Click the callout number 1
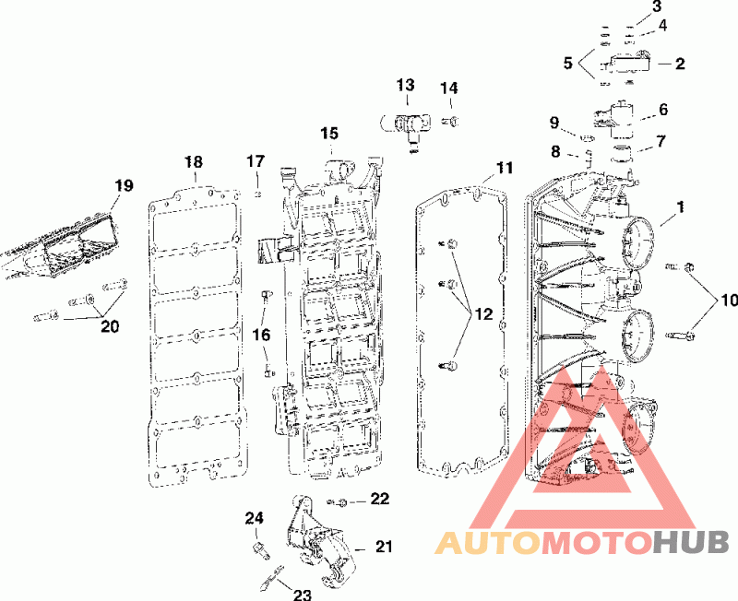(680, 208)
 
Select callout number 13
(407, 86)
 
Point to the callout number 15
(329, 134)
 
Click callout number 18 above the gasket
(193, 162)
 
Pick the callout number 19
(124, 185)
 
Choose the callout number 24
(255, 518)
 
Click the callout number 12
(484, 313)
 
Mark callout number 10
(730, 300)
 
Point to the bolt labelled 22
(339, 502)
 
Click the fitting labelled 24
(259, 549)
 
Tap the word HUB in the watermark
(691, 543)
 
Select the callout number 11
(504, 168)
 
